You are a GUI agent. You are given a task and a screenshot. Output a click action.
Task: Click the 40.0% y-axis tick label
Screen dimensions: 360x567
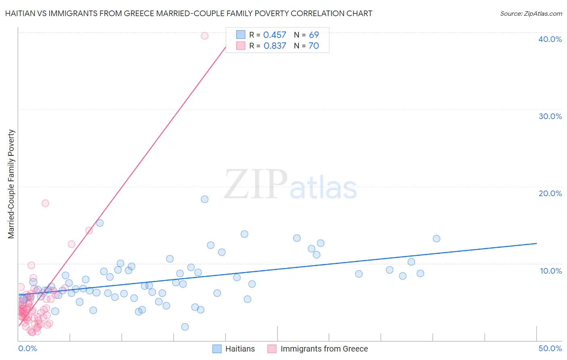click(550, 39)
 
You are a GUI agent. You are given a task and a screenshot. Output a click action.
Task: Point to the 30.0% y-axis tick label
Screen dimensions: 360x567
click(550, 116)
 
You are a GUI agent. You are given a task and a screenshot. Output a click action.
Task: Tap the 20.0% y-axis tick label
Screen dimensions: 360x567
click(550, 193)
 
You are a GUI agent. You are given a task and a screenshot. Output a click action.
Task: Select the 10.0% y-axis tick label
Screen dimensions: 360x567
click(551, 271)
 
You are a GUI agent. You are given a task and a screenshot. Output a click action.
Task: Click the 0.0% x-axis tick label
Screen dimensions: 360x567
click(27, 348)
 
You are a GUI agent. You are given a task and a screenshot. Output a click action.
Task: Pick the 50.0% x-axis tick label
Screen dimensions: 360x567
click(550, 348)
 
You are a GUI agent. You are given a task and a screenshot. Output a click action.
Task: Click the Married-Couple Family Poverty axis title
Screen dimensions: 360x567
click(11, 184)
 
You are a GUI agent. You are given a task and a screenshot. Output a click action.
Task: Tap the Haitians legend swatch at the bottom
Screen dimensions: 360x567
click(217, 349)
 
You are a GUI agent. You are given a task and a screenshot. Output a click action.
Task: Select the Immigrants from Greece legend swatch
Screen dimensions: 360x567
click(272, 349)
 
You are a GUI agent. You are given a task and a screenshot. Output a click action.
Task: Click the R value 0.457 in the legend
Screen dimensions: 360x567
click(275, 35)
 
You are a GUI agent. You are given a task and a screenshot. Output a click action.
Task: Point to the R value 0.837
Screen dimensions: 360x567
click(275, 46)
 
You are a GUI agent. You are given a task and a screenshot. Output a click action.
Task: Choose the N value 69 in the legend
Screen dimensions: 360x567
click(314, 35)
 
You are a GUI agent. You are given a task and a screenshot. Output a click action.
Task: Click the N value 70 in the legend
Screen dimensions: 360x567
click(314, 46)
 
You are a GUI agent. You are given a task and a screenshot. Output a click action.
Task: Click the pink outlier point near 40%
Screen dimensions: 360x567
click(204, 36)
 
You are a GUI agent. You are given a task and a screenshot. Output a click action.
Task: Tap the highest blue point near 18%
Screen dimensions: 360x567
click(204, 199)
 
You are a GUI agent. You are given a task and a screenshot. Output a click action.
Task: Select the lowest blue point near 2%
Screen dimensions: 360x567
click(185, 327)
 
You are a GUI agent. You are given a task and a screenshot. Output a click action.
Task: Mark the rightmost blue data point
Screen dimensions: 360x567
click(436, 239)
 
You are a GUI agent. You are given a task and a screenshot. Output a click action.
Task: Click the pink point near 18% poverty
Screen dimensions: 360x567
click(45, 203)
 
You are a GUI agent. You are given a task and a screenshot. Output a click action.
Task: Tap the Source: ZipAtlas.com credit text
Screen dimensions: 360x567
click(531, 14)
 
